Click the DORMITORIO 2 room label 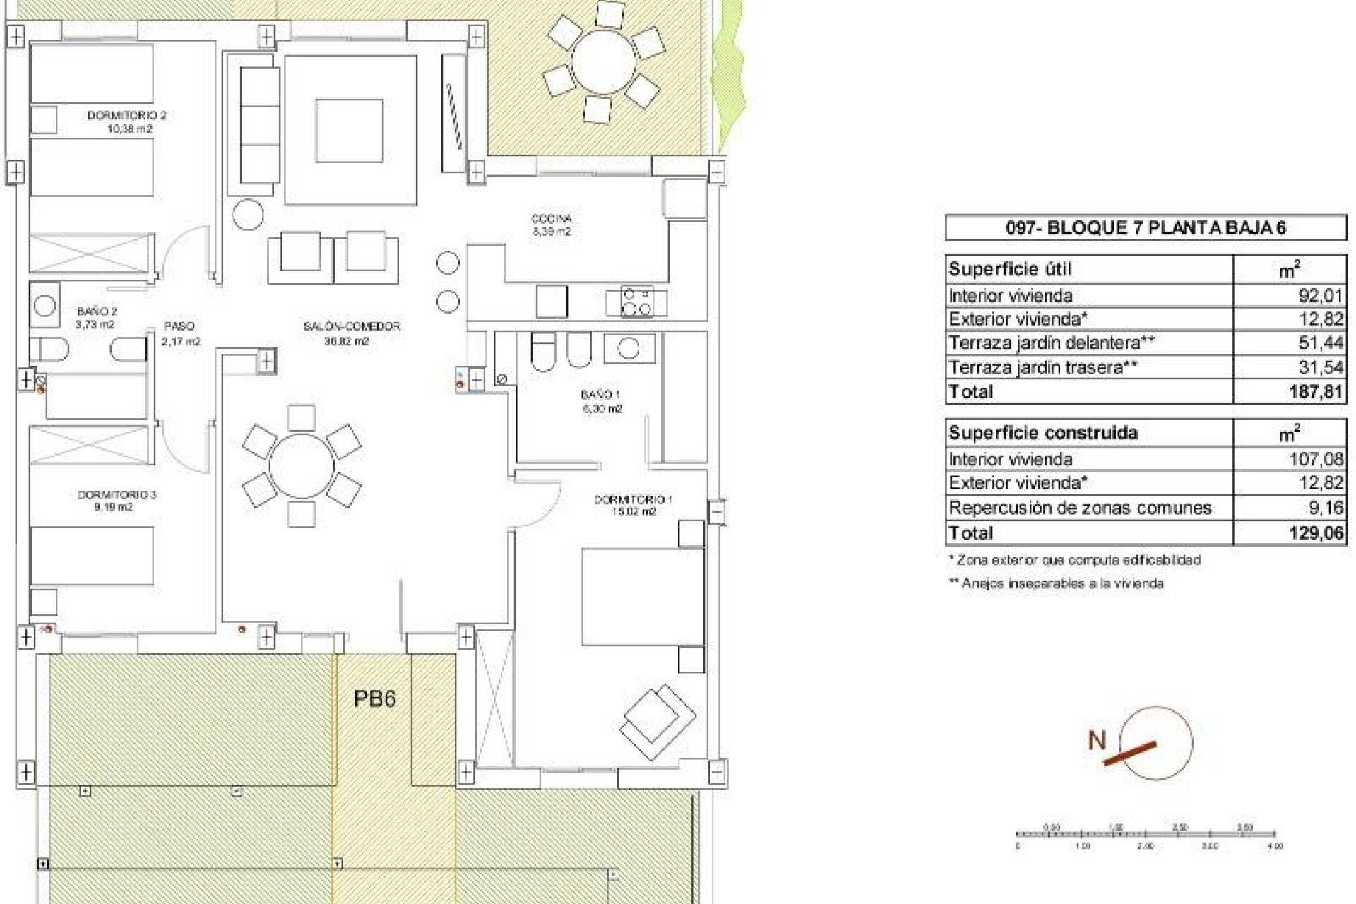pyautogui.click(x=126, y=115)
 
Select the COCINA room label pyautogui.click(x=551, y=219)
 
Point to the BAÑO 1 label pyautogui.click(x=600, y=395)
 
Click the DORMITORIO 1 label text pyautogui.click(x=633, y=499)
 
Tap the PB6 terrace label pyautogui.click(x=374, y=698)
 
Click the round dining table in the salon pyautogui.click(x=302, y=466)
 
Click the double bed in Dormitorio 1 pyautogui.click(x=642, y=597)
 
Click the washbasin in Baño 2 pyautogui.click(x=45, y=305)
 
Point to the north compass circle pyautogui.click(x=1156, y=742)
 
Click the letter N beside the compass pyautogui.click(x=1097, y=740)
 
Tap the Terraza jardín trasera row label pyautogui.click(x=1044, y=367)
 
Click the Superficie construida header pyautogui.click(x=1042, y=432)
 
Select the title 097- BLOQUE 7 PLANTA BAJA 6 pyautogui.click(x=1145, y=227)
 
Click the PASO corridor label pyautogui.click(x=179, y=326)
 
